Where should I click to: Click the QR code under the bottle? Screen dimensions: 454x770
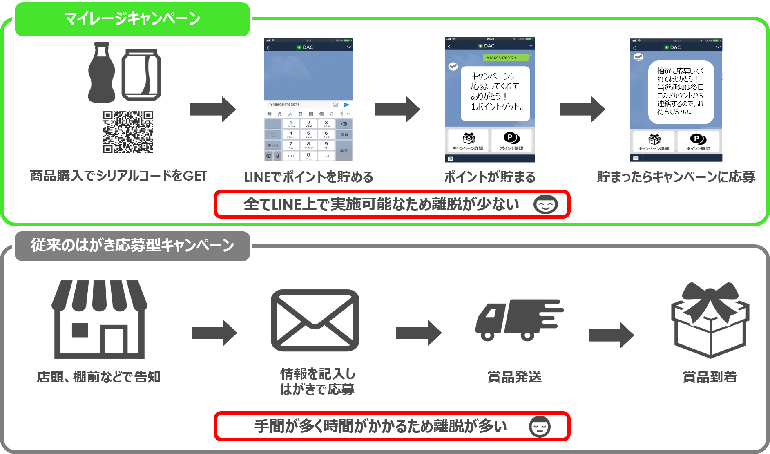coord(128,132)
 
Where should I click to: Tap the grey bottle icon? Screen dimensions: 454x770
coord(102,73)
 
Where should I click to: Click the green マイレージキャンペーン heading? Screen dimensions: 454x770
coord(132,19)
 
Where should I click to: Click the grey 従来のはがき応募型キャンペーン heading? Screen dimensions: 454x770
coord(132,246)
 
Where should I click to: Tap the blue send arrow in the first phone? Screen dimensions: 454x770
coord(346,105)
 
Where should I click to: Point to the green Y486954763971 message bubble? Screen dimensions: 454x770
coord(501,58)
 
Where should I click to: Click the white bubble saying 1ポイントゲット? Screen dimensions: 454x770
coord(495,94)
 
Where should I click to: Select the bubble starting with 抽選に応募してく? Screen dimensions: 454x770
coord(681,92)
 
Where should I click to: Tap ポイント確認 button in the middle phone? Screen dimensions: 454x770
coord(511,141)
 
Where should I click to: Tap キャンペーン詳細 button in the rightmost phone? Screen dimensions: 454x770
coord(654,141)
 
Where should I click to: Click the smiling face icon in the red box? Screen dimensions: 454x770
coord(545,204)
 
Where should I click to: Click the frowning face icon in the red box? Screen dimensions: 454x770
coord(540,427)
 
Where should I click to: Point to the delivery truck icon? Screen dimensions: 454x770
coord(518,320)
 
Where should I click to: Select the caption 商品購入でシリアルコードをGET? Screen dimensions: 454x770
coord(118,176)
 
